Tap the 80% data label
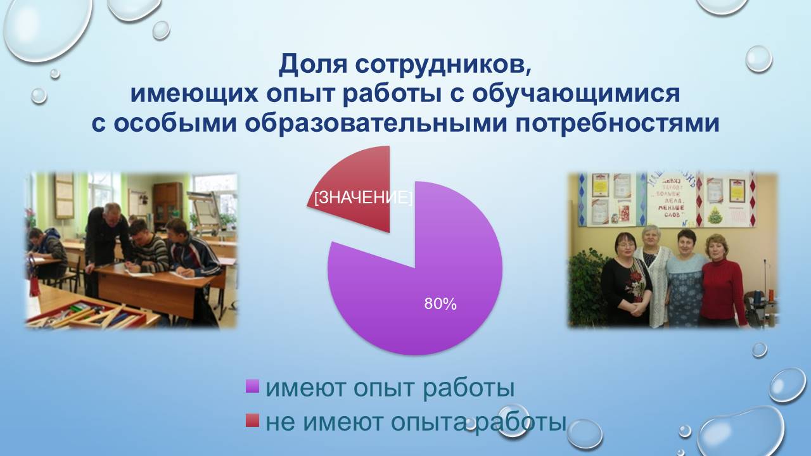(440, 304)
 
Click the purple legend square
(252, 386)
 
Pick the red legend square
(252, 420)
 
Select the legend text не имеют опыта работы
(415, 422)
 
